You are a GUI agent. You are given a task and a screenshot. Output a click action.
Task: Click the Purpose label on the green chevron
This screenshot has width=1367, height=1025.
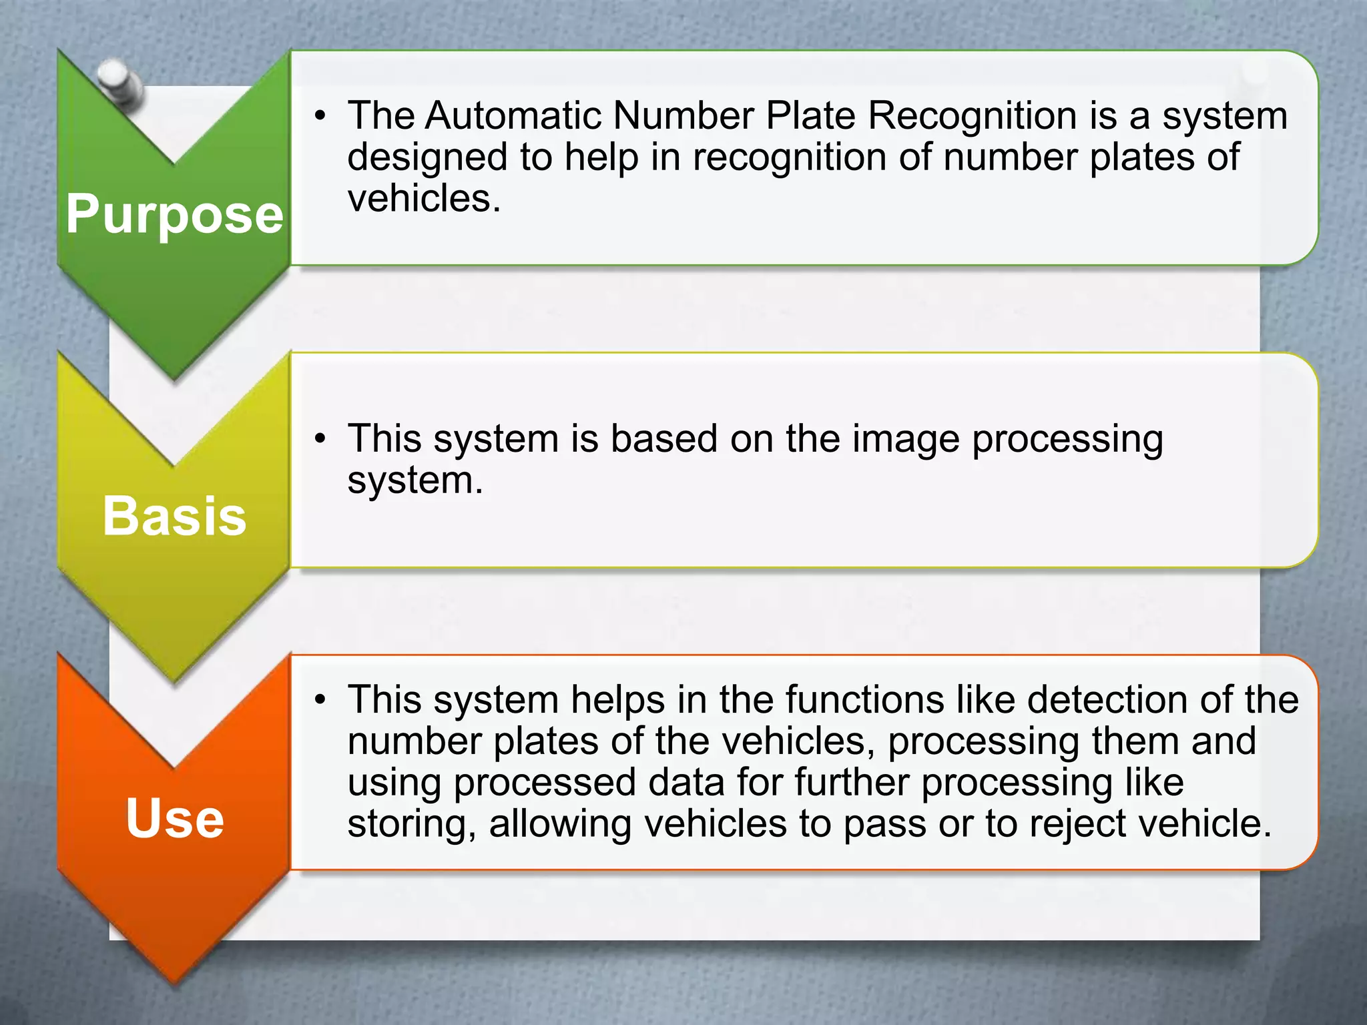174,215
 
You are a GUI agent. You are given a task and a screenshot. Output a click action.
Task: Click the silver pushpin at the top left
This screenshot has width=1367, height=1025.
120,83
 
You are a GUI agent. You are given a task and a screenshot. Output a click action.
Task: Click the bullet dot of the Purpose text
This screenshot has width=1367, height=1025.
321,117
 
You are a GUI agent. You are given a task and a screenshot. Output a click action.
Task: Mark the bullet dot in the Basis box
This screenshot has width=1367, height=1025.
321,439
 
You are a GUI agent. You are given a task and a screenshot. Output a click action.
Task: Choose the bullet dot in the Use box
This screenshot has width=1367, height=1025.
321,700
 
